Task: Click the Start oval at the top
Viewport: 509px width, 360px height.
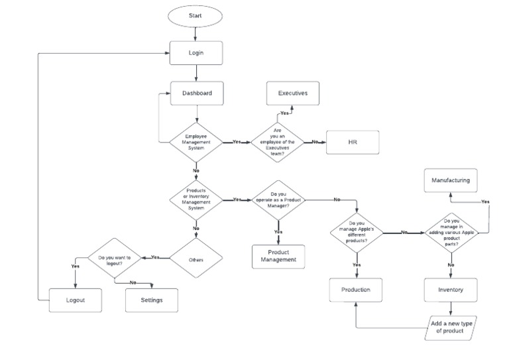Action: click(x=196, y=15)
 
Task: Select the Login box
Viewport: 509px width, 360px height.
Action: click(x=196, y=53)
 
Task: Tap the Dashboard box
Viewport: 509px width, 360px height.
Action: click(x=197, y=93)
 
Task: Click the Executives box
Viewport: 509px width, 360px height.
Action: click(x=292, y=93)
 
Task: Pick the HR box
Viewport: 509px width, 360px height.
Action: click(x=352, y=143)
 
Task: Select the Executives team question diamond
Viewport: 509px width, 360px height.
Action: click(x=278, y=142)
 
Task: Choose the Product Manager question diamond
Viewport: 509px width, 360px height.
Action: click(x=278, y=199)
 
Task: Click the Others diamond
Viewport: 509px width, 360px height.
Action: click(x=196, y=259)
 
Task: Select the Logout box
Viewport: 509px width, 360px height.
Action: click(x=76, y=300)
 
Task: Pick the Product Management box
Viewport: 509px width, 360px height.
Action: click(x=278, y=257)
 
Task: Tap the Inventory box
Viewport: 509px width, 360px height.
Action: click(x=451, y=290)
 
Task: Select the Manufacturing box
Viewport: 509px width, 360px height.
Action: click(x=451, y=180)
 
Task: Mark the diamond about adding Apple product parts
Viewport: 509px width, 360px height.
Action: click(x=451, y=232)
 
